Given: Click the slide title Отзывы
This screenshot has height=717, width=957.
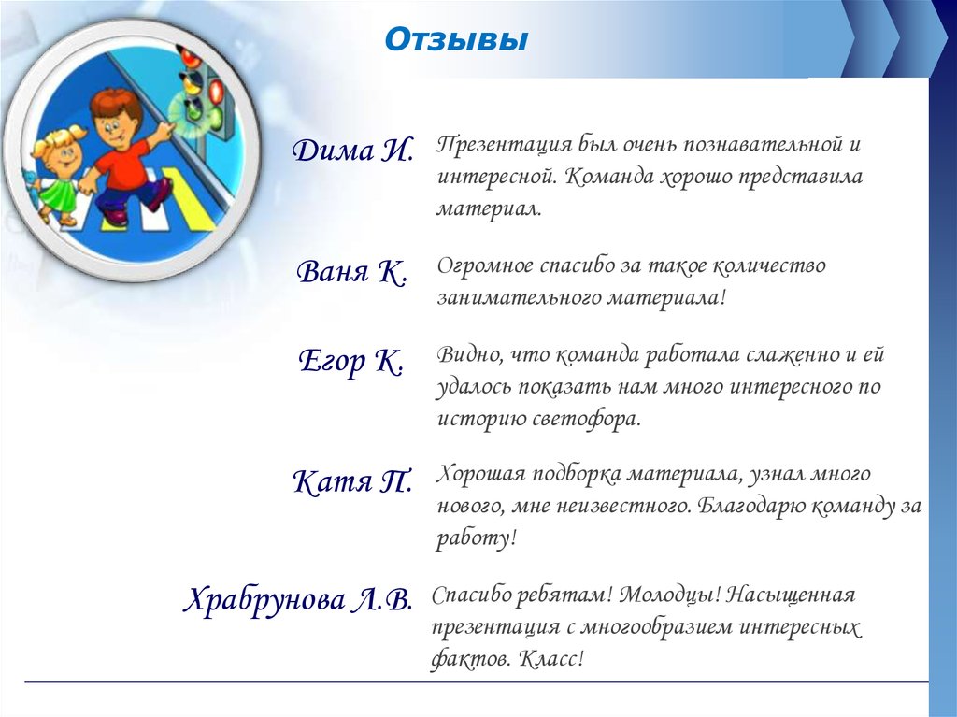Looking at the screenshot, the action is click(x=456, y=40).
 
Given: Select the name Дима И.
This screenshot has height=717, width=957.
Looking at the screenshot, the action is click(x=353, y=151).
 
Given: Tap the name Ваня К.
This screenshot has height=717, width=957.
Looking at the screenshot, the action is click(x=352, y=272).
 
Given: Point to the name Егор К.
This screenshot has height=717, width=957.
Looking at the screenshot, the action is click(x=351, y=361).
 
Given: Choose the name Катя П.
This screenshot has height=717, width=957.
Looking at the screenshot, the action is click(x=353, y=481).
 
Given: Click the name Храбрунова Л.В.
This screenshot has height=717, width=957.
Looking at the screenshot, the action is click(x=298, y=600).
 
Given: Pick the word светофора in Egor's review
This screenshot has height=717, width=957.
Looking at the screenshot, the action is click(x=585, y=420).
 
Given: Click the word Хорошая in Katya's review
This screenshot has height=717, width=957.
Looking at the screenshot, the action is click(x=479, y=475).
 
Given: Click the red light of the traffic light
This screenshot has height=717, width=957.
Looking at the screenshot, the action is click(x=217, y=91).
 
